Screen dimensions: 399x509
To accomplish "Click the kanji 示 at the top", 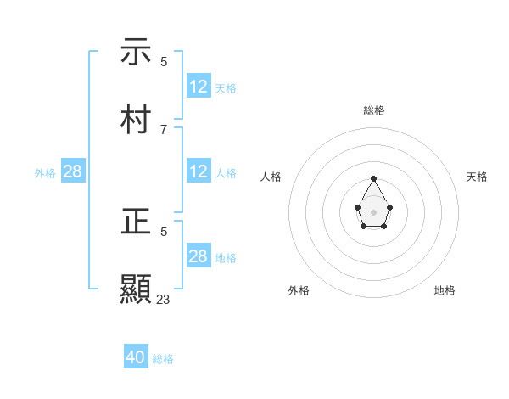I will pyautogui.click(x=137, y=53).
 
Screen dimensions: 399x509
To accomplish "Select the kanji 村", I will pyautogui.click(x=137, y=120).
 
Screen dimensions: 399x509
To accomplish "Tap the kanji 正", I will pyautogui.click(x=137, y=222).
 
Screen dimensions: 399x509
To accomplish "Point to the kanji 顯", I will pyautogui.click(x=137, y=289).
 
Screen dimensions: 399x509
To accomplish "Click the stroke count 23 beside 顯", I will pyautogui.click(x=163, y=299).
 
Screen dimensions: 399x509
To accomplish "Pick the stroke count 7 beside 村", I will pyautogui.click(x=163, y=130).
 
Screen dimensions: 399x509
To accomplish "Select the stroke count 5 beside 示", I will pyautogui.click(x=163, y=62).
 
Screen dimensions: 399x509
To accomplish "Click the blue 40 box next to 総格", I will pyautogui.click(x=136, y=357).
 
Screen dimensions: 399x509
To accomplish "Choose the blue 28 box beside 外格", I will pyautogui.click(x=73, y=171).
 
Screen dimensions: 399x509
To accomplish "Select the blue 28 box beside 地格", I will pyautogui.click(x=199, y=256).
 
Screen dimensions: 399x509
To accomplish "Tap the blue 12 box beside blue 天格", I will pyautogui.click(x=199, y=87).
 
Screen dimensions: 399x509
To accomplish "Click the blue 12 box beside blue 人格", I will pyautogui.click(x=199, y=171).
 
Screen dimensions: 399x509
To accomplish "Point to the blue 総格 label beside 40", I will pyautogui.click(x=163, y=359).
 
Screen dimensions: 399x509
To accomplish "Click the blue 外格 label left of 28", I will pyautogui.click(x=45, y=173).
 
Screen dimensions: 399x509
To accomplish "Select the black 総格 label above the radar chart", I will pyautogui.click(x=374, y=110).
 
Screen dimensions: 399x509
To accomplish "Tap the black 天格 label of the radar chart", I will pyautogui.click(x=477, y=177).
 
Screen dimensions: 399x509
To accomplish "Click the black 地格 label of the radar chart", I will pyautogui.click(x=445, y=290).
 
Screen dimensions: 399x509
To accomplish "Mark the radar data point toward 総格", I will pyautogui.click(x=374, y=179).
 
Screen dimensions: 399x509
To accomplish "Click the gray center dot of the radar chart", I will pyautogui.click(x=374, y=211).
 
